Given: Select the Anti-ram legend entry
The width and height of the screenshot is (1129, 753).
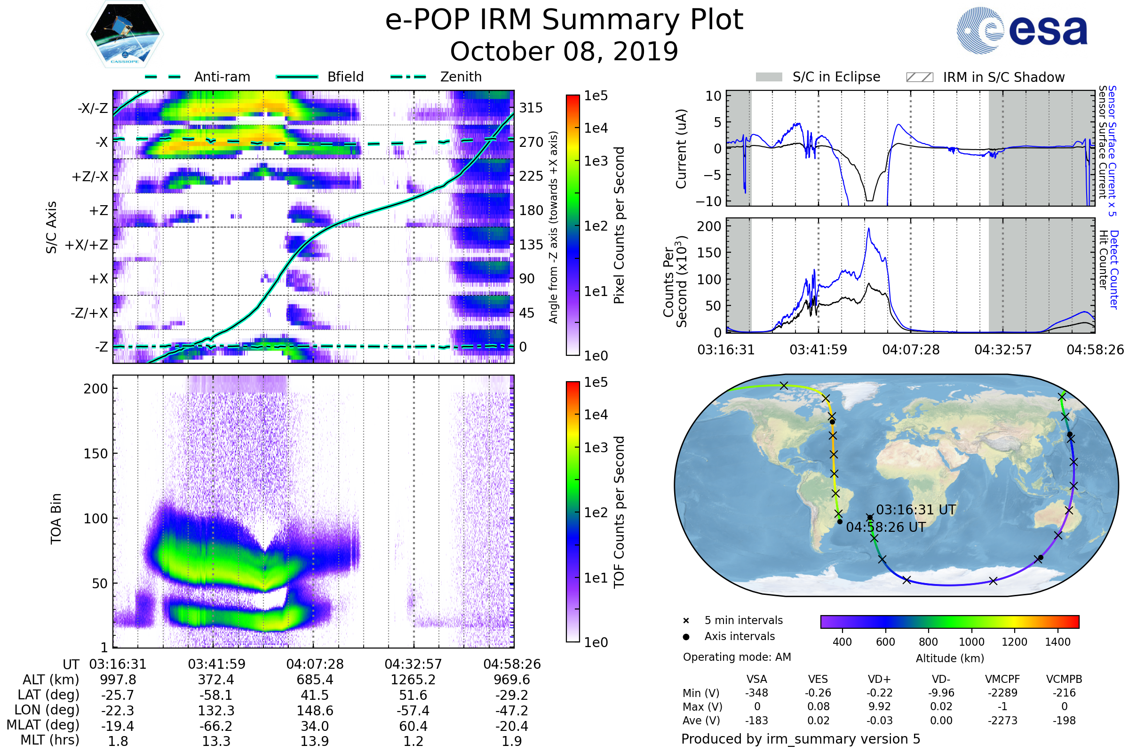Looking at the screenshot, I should click(x=222, y=77).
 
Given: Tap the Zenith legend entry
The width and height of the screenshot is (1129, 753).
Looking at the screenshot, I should click(x=461, y=77).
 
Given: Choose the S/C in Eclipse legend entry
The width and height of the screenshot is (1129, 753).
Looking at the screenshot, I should click(x=836, y=77).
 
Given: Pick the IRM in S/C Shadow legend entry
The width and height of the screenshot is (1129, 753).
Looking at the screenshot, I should click(x=1003, y=77).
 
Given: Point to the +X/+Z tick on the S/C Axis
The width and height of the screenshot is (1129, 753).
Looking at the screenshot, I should click(x=87, y=245).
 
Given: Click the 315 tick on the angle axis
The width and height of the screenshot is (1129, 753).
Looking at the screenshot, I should click(x=531, y=108).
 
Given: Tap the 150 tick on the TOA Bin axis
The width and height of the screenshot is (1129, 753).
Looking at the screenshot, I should click(x=95, y=454).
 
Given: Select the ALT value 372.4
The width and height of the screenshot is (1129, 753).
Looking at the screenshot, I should click(x=216, y=680).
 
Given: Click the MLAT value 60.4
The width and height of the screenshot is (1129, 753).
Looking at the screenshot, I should click(x=413, y=726).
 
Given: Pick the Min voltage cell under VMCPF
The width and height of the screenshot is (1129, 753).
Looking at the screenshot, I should click(x=1002, y=693).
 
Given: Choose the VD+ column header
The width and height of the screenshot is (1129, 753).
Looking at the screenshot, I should click(x=879, y=679).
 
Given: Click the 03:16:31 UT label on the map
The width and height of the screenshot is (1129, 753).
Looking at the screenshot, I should click(x=916, y=510).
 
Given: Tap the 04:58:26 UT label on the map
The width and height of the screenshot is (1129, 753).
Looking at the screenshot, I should click(x=886, y=527).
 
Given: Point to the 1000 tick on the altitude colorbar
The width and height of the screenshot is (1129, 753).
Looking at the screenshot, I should click(x=971, y=642).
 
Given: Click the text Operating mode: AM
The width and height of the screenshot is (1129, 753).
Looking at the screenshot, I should click(x=737, y=657).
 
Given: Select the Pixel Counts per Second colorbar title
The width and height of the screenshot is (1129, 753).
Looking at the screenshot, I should click(x=619, y=225).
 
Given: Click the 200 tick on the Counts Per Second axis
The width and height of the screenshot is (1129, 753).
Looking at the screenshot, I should click(x=708, y=226).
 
